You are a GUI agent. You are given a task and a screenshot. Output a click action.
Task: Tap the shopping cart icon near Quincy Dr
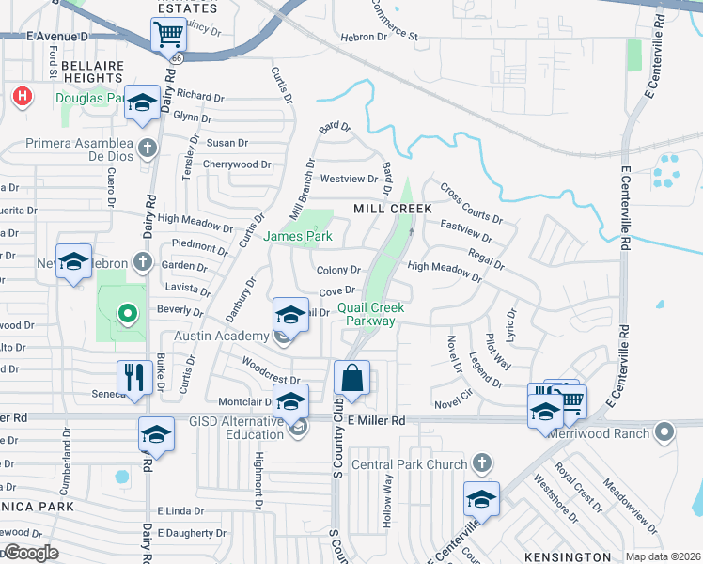pos(168,36)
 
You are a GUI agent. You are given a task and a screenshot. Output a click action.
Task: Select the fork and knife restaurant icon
pos(134,378)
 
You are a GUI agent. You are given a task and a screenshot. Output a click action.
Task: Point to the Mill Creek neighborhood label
pos(392,208)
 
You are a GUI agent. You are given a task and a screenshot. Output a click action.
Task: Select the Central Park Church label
pos(409,464)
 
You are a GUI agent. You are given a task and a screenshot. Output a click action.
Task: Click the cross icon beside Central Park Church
pos(480,463)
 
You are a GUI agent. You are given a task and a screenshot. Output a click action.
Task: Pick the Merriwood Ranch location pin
pos(665,433)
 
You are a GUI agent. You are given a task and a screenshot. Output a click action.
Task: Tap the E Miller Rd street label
pos(376,420)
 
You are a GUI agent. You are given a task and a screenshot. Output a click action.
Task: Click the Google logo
pos(30,552)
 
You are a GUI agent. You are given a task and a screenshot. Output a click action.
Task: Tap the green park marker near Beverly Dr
pos(126,313)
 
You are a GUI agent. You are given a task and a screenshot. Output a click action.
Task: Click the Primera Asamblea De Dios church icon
pos(147,148)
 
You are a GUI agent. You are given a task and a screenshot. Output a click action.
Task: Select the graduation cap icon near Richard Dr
pos(142,104)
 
